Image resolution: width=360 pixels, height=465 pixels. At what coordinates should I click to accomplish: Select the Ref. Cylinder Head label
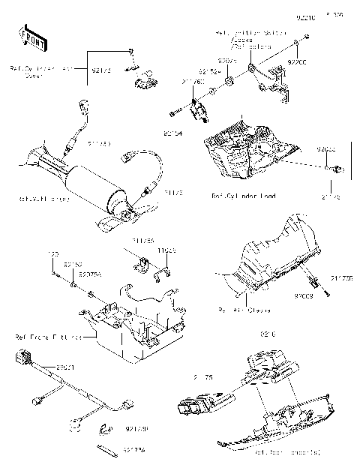[x=244, y=196]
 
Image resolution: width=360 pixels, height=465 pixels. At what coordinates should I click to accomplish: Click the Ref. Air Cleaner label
[x=244, y=309]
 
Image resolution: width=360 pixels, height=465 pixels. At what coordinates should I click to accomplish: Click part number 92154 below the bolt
[x=173, y=133]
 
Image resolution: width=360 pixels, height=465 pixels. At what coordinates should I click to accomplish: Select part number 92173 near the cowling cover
[x=102, y=70]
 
